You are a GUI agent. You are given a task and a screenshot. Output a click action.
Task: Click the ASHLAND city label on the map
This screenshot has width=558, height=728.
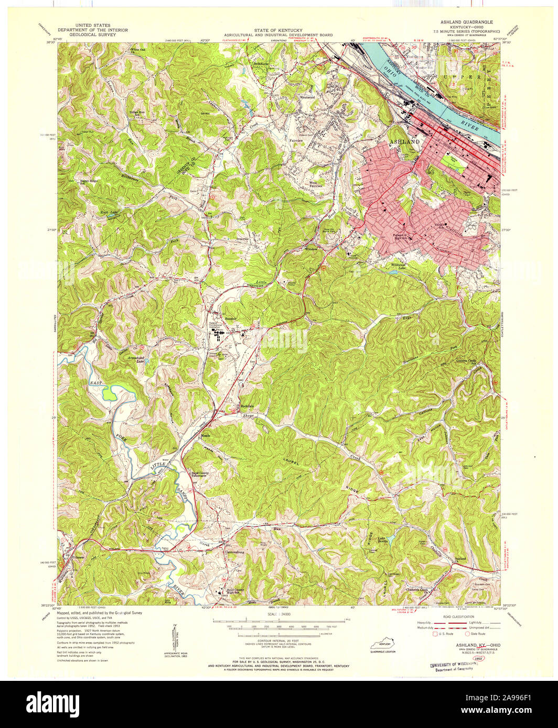[x=404, y=142]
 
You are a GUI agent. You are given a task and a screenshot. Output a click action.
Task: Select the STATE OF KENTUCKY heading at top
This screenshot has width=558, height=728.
[x=279, y=30]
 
